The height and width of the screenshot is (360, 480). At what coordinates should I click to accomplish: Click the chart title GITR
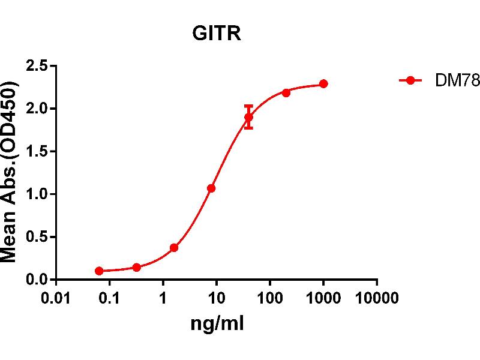click(216, 34)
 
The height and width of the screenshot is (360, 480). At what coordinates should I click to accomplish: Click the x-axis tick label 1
click(163, 298)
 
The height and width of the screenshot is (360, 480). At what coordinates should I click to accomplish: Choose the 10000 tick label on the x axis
click(377, 298)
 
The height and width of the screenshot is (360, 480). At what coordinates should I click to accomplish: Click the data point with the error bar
click(248, 117)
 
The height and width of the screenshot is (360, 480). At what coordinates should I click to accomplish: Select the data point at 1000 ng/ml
click(323, 83)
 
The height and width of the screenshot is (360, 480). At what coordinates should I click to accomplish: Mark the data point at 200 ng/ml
click(286, 92)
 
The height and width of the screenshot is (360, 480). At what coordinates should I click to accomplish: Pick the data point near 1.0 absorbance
click(211, 188)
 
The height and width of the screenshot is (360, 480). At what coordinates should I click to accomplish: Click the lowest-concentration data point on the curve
click(99, 271)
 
